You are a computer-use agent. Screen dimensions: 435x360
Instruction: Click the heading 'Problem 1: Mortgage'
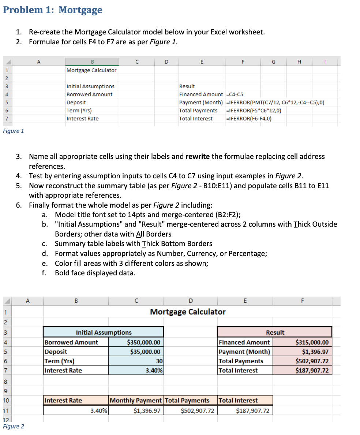pyautogui.click(x=53, y=10)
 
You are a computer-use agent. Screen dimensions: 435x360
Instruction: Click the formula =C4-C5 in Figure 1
pyautogui.click(x=236, y=94)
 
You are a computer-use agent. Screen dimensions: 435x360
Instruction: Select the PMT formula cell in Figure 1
pyautogui.click(x=275, y=103)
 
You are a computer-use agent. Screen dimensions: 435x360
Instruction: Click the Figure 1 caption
pyautogui.click(x=13, y=131)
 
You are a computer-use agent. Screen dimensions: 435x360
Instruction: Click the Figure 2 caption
pyautogui.click(x=13, y=427)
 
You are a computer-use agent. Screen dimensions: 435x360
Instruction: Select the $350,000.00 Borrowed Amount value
pyautogui.click(x=143, y=343)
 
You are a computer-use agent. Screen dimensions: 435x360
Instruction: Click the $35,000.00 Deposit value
pyautogui.click(x=145, y=352)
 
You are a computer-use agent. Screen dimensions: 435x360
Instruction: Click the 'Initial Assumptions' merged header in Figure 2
pyautogui.click(x=104, y=332)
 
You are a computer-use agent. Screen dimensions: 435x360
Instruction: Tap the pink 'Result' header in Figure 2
pyautogui.click(x=275, y=332)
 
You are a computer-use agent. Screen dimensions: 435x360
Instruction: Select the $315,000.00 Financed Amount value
pyautogui.click(x=312, y=343)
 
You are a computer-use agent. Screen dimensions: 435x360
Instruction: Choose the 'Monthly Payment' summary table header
pyautogui.click(x=136, y=401)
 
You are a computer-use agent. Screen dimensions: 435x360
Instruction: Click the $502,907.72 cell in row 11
pyautogui.click(x=198, y=411)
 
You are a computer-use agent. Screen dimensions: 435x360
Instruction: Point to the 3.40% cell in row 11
pyautogui.click(x=99, y=411)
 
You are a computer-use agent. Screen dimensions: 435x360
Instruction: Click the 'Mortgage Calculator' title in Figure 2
pyautogui.click(x=188, y=312)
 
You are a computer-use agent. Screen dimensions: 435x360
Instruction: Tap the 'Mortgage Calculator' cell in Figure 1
pyautogui.click(x=91, y=70)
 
